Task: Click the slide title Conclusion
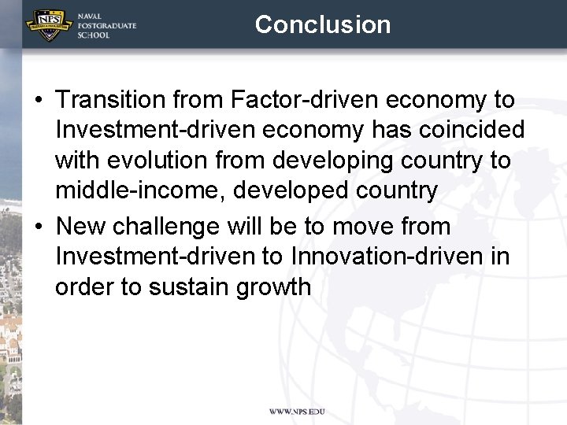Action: pos(323,24)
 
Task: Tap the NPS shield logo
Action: pos(46,25)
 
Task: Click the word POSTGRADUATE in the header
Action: pos(106,26)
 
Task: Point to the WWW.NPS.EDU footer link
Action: pos(297,412)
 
